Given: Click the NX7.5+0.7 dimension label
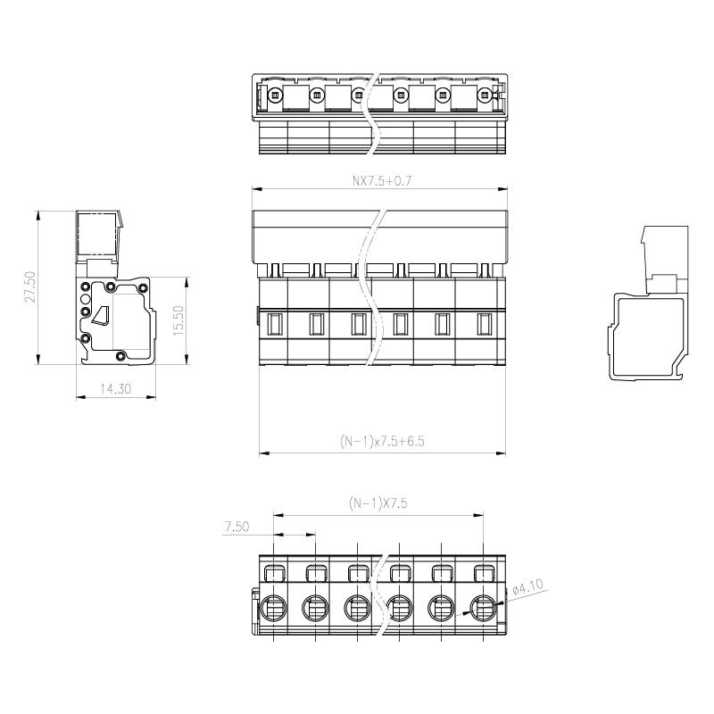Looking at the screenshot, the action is [382, 181].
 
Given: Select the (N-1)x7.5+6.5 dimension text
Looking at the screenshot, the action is [382, 441].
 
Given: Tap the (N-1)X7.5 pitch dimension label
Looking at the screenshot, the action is [378, 503].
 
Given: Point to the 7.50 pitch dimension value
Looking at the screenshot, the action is [237, 527].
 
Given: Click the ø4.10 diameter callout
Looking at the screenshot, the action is [528, 587].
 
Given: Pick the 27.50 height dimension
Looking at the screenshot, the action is [30, 286].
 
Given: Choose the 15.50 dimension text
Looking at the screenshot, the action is [178, 320].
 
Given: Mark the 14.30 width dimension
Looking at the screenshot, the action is [116, 389].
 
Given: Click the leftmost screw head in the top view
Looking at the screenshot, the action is [274, 95].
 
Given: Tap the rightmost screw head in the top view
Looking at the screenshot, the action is [484, 95].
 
